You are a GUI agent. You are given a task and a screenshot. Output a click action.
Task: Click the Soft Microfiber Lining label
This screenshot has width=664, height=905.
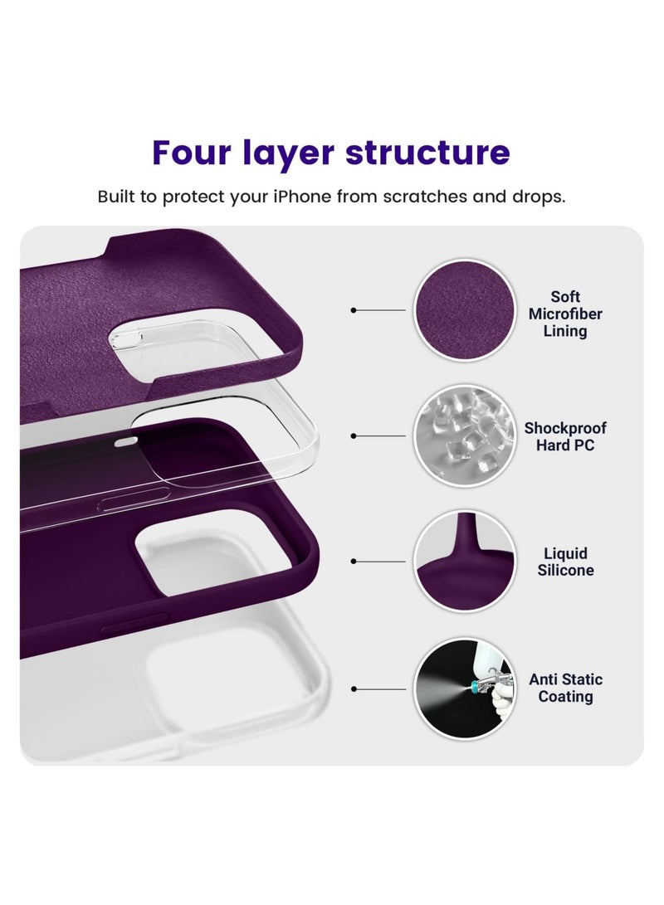(565, 314)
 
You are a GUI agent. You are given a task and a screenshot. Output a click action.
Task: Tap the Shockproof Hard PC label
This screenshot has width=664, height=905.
(565, 436)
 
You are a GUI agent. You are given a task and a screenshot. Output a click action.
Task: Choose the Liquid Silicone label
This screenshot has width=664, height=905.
(565, 562)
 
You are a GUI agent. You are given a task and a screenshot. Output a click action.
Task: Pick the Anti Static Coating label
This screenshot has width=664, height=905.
(565, 688)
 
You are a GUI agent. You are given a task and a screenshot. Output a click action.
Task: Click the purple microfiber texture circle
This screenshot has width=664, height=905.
(463, 310)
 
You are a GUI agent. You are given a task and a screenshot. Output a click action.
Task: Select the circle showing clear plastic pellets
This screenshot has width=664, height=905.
(463, 435)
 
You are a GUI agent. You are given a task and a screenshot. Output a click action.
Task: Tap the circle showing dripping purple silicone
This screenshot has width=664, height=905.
(463, 562)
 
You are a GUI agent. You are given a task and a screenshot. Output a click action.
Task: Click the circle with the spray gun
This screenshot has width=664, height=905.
(463, 688)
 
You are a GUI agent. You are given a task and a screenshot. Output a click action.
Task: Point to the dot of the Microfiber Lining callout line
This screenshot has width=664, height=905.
(354, 310)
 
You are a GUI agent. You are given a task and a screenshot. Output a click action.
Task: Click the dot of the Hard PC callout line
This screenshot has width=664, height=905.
(354, 435)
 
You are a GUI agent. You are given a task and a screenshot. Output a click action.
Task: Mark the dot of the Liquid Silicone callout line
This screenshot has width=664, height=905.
(354, 562)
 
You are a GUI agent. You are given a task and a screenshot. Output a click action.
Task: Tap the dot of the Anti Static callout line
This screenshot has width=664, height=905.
(354, 688)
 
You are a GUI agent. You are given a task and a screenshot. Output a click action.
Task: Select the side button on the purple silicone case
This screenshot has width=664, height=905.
(133, 628)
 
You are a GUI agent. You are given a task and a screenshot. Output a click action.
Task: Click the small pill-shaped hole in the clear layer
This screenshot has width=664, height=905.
(125, 442)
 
